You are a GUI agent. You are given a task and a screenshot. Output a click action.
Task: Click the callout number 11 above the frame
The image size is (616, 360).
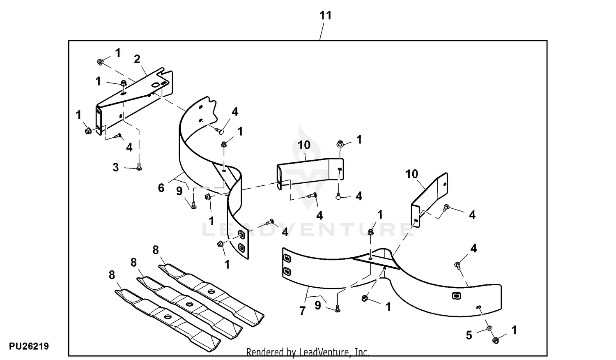(x=325, y=16)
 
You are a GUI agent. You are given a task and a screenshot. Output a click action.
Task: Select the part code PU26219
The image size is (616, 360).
(x=29, y=346)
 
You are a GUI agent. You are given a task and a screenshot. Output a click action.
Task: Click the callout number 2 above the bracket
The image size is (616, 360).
(x=137, y=59)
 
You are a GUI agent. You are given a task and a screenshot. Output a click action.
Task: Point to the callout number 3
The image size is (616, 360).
(x=116, y=167)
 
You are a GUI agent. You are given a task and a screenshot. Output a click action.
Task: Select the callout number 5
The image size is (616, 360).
(x=469, y=335)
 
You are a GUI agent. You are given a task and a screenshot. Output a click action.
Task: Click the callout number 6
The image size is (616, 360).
(x=161, y=188)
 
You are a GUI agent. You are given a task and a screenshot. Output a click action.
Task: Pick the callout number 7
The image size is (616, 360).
(x=303, y=311)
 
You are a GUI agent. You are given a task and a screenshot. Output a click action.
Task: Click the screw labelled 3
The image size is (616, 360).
(x=139, y=167)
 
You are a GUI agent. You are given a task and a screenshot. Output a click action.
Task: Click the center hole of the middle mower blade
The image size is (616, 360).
(x=189, y=304)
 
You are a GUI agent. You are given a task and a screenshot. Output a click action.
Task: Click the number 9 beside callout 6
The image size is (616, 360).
(x=179, y=192)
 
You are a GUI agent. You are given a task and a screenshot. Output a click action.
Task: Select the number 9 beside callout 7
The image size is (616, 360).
(x=318, y=305)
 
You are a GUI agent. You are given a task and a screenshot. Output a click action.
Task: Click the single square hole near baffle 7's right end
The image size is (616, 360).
(x=455, y=295)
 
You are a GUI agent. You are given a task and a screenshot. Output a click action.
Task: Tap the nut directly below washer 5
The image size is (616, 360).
(x=496, y=340)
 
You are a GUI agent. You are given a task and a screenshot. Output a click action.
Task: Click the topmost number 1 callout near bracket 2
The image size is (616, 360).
(x=118, y=53)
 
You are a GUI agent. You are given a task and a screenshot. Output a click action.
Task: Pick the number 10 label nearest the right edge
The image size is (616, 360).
(x=411, y=174)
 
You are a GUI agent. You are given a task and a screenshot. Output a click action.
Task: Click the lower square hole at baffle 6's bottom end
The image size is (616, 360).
(x=241, y=247)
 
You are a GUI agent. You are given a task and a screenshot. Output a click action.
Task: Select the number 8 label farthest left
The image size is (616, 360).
(x=112, y=275)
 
